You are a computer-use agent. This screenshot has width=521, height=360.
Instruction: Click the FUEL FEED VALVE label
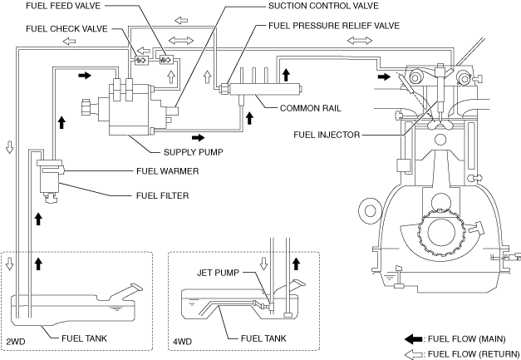[63, 6]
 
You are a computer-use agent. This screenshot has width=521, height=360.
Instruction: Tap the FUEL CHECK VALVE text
[66, 29]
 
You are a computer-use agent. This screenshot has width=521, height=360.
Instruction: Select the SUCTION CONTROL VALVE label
[323, 6]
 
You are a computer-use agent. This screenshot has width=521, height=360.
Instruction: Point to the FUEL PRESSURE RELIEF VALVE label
[334, 26]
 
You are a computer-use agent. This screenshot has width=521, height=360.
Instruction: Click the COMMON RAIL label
[310, 108]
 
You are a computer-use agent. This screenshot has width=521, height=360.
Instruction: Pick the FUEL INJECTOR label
[327, 135]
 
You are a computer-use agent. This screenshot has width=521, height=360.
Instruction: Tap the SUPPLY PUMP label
[194, 152]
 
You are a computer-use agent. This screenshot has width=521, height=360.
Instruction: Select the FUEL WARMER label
[168, 171]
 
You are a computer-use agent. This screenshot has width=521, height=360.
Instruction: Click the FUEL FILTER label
[163, 195]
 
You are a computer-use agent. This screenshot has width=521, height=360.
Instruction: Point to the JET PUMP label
[218, 273]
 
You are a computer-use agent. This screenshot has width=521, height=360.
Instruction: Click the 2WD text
[16, 342]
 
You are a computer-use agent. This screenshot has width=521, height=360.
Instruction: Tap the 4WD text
[183, 342]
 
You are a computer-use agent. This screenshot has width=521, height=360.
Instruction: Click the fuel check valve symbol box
[141, 61]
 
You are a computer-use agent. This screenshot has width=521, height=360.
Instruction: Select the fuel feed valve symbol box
[166, 60]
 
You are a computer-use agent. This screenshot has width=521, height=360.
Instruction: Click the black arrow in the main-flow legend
[413, 339]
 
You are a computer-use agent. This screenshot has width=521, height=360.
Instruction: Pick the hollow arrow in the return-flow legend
[413, 354]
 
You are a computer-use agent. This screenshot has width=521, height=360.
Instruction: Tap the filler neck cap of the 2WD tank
[136, 287]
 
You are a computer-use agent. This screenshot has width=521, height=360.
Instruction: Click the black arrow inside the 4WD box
[296, 264]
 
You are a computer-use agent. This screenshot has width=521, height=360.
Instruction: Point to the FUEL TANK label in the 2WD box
[85, 338]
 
